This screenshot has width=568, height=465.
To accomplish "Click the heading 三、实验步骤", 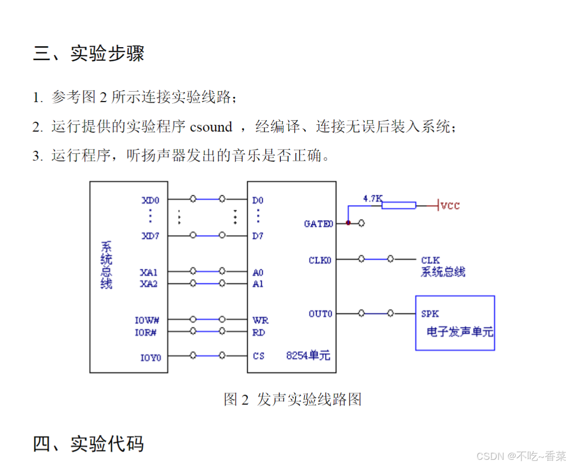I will pyautogui.click(x=88, y=53).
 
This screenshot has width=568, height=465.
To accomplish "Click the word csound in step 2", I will pyautogui.click(x=211, y=127).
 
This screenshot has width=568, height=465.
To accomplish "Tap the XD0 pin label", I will pyautogui.click(x=151, y=200).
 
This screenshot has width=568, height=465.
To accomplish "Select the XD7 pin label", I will pyautogui.click(x=151, y=236).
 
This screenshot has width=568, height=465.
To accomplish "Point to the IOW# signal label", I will pyautogui.click(x=146, y=321).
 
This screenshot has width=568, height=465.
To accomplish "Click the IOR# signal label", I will pyautogui.click(x=146, y=332).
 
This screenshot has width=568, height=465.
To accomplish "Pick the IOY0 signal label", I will pyautogui.click(x=151, y=357).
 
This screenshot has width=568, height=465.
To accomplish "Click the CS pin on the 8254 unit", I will pyautogui.click(x=259, y=356).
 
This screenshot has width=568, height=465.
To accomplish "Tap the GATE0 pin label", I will pyautogui.click(x=318, y=224).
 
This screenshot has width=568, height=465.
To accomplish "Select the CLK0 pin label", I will pyautogui.click(x=320, y=260).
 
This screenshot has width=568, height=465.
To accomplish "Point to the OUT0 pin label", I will pyautogui.click(x=320, y=314).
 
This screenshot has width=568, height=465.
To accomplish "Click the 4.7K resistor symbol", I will pyautogui.click(x=398, y=206).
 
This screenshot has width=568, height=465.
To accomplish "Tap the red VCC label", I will pyautogui.click(x=450, y=206).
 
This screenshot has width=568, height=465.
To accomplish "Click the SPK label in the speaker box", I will pyautogui.click(x=430, y=314).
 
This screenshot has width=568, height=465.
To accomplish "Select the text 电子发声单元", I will pyautogui.click(x=460, y=332).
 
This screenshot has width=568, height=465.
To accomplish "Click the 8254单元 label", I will pyautogui.click(x=308, y=356).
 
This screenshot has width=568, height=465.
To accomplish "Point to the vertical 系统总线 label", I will pyautogui.click(x=106, y=265).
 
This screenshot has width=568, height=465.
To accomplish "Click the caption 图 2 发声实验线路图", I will pyautogui.click(x=292, y=399).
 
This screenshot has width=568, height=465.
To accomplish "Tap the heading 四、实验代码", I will pyautogui.click(x=88, y=444).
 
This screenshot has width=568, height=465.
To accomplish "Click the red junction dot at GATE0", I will pyautogui.click(x=348, y=223).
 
